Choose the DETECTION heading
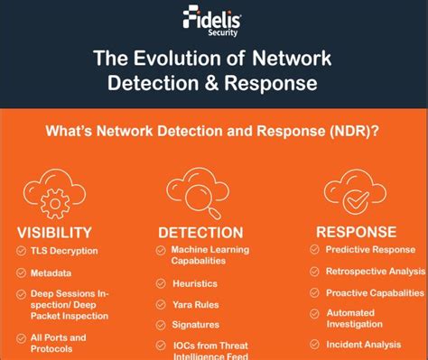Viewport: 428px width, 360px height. click(x=200, y=233)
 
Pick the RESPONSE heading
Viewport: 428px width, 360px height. click(x=356, y=232)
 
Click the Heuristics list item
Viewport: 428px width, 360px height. click(x=195, y=283)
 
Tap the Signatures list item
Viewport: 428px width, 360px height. click(x=196, y=324)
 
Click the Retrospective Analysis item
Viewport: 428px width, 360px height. click(x=375, y=271)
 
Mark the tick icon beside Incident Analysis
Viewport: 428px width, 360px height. click(x=312, y=344)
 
